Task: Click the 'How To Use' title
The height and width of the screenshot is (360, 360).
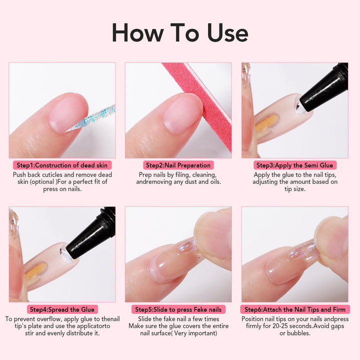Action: [x=179, y=32]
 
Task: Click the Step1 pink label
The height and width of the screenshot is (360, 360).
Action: [x=62, y=165]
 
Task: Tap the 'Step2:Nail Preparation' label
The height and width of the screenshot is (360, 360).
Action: [x=178, y=165]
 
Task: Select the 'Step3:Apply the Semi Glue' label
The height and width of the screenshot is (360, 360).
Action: [x=295, y=165]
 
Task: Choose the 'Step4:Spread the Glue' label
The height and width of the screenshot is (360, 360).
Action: [x=62, y=309]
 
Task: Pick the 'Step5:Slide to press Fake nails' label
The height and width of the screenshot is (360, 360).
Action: [x=178, y=309]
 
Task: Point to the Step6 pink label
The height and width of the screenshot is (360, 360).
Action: [x=295, y=309]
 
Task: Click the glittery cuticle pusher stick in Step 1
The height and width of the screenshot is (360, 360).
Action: [x=97, y=118]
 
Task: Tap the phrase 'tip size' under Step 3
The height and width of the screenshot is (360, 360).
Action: [x=295, y=189]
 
